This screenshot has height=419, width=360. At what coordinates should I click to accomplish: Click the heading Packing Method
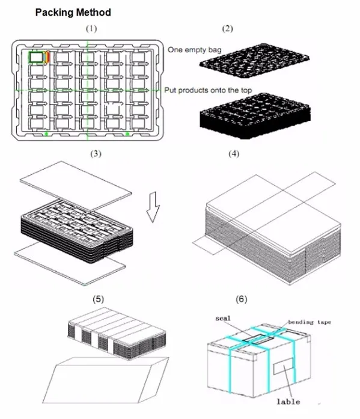73,13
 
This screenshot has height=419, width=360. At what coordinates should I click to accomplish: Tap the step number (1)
91,28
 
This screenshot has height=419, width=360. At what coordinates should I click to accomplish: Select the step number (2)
228,28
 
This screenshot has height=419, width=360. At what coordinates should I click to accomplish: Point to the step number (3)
96,154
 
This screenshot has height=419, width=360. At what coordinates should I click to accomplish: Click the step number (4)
234,154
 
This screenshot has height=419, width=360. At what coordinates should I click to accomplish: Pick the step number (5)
99,299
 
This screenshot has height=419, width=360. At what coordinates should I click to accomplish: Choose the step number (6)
242,299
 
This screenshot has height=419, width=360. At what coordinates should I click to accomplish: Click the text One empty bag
194,50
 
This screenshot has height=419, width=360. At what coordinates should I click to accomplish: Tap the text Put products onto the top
208,90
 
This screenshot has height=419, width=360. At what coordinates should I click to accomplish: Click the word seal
223,318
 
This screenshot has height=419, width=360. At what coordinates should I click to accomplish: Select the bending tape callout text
310,322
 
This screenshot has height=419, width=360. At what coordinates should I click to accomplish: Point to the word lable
288,402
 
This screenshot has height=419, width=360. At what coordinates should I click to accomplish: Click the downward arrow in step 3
153,207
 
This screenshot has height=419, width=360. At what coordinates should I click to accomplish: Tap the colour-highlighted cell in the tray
39,57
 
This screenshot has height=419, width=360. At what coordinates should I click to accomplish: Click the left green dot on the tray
46,133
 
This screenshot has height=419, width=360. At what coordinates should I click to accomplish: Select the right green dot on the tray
127,133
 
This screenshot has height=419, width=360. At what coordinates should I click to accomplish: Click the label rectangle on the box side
283,366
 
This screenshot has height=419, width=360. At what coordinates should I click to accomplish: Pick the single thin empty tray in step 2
254,61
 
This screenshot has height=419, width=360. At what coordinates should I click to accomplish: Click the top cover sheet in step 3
76,185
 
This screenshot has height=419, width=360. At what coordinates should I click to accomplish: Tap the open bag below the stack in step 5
106,380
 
